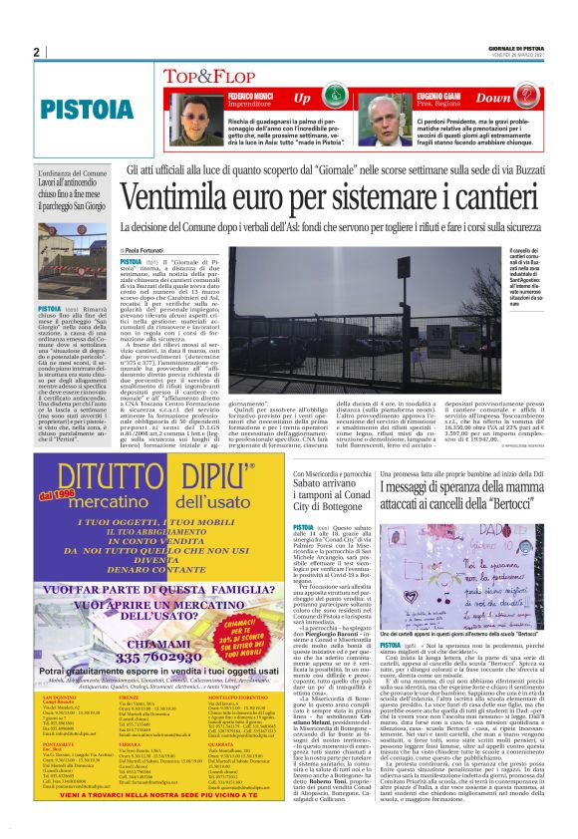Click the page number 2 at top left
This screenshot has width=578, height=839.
36,53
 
